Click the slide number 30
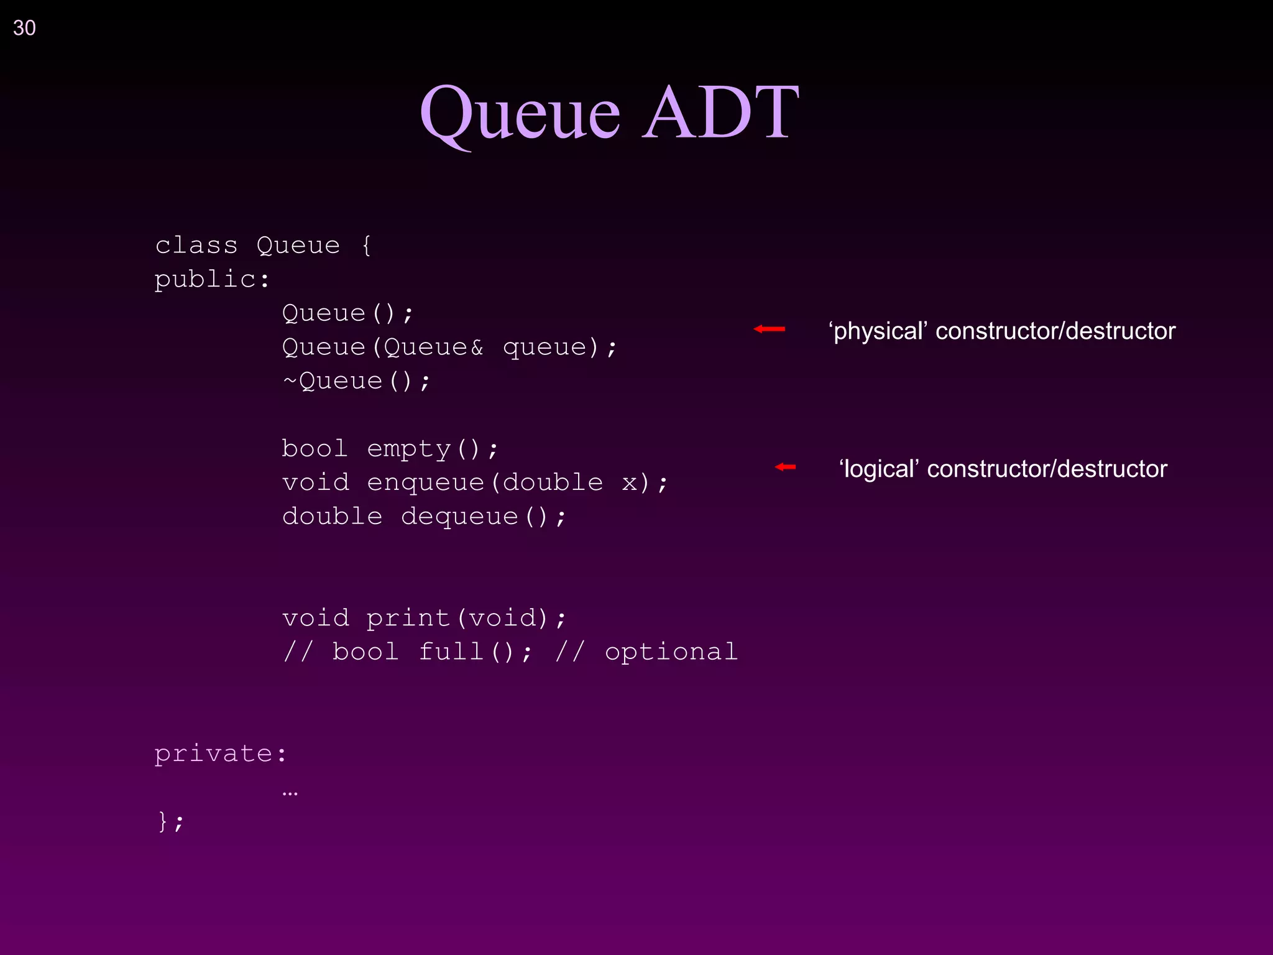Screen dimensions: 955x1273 tap(24, 28)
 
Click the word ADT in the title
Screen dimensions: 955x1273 tap(720, 113)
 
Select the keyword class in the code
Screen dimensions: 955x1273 tap(196, 246)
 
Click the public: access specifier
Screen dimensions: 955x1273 tap(212, 280)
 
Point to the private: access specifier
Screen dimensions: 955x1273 tap(221, 754)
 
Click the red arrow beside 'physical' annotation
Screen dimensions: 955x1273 tap(770, 329)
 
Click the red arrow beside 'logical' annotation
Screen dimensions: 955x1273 tap(786, 467)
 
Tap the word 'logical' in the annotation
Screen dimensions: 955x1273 tap(879, 469)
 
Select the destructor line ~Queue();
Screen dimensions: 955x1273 tap(356, 381)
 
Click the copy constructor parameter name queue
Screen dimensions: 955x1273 tap(545, 348)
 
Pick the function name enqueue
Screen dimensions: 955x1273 tap(425, 483)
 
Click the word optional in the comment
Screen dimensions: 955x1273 tap(671, 652)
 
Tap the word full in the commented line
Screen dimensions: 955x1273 tap(451, 652)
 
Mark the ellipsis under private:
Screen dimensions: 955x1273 tap(290, 793)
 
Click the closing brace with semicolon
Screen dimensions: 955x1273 tap(170, 822)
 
